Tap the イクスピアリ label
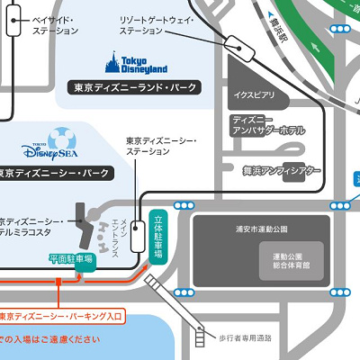click(x=254, y=94)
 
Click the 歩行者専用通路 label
click(x=246, y=337)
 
